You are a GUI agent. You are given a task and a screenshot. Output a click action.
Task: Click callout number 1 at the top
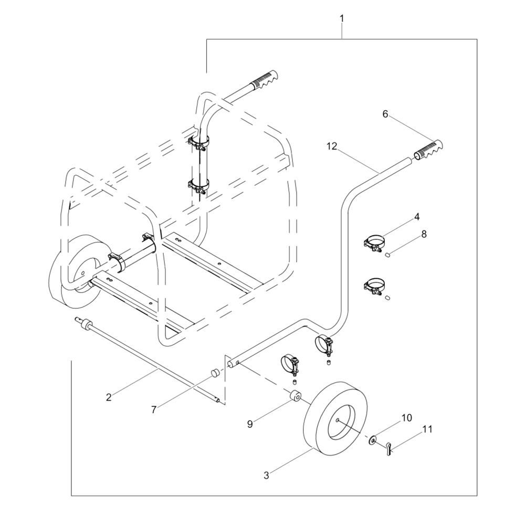click(342, 19)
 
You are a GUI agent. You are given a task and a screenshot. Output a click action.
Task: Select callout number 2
click(109, 397)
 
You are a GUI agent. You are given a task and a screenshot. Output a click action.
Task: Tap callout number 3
click(266, 475)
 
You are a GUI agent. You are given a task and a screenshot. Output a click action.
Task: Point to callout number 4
click(416, 217)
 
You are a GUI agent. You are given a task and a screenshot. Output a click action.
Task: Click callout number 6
click(385, 114)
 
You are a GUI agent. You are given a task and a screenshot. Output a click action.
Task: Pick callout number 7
click(154, 409)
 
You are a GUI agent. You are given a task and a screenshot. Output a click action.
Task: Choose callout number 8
click(424, 234)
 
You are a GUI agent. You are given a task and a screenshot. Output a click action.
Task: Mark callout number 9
click(250, 424)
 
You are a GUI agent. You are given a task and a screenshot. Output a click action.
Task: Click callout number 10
click(406, 418)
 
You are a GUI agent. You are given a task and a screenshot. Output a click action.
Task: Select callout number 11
click(427, 429)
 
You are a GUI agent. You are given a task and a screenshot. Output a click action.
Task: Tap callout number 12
click(332, 146)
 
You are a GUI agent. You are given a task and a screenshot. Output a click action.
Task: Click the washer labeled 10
click(372, 439)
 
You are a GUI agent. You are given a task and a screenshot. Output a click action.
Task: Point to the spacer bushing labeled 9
click(295, 395)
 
